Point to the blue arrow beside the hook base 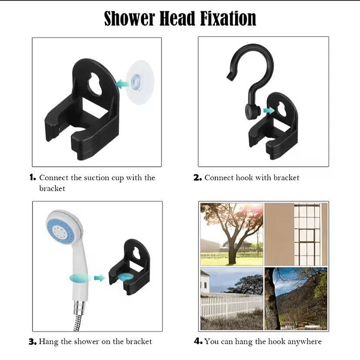[268, 111]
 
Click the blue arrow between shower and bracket [99, 277]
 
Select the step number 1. [32, 177]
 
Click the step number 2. [197, 177]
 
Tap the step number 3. [32, 341]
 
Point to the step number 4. [198, 341]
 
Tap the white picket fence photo [231, 300]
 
